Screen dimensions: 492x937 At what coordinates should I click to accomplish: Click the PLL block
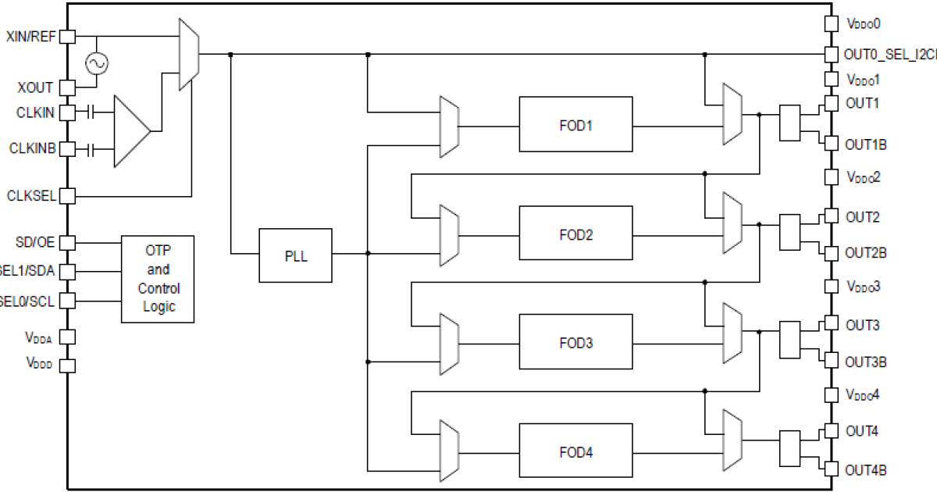(295, 255)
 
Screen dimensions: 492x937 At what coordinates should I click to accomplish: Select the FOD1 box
(575, 124)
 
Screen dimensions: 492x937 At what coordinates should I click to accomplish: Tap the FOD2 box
(575, 233)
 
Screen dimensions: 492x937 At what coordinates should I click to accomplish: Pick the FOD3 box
(575, 342)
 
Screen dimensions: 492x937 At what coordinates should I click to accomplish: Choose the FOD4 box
(575, 451)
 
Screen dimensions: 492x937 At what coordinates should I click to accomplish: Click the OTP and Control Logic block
(158, 278)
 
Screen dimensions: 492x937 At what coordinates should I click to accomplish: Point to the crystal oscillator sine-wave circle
(97, 63)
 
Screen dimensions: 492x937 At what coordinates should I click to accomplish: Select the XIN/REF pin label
(30, 37)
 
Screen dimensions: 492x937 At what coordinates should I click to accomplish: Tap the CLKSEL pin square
(67, 195)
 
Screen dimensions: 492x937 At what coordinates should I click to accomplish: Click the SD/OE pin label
(35, 242)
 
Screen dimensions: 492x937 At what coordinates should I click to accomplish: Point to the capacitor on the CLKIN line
(91, 113)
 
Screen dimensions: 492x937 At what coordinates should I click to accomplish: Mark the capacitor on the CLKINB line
(91, 149)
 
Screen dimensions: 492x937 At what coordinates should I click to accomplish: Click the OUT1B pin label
(866, 144)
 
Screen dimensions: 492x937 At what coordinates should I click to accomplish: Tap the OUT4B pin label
(866, 469)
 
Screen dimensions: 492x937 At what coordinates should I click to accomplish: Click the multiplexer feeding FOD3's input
(449, 342)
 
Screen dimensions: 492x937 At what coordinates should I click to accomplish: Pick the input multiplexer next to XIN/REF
(188, 54)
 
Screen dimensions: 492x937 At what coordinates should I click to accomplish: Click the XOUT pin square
(67, 87)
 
